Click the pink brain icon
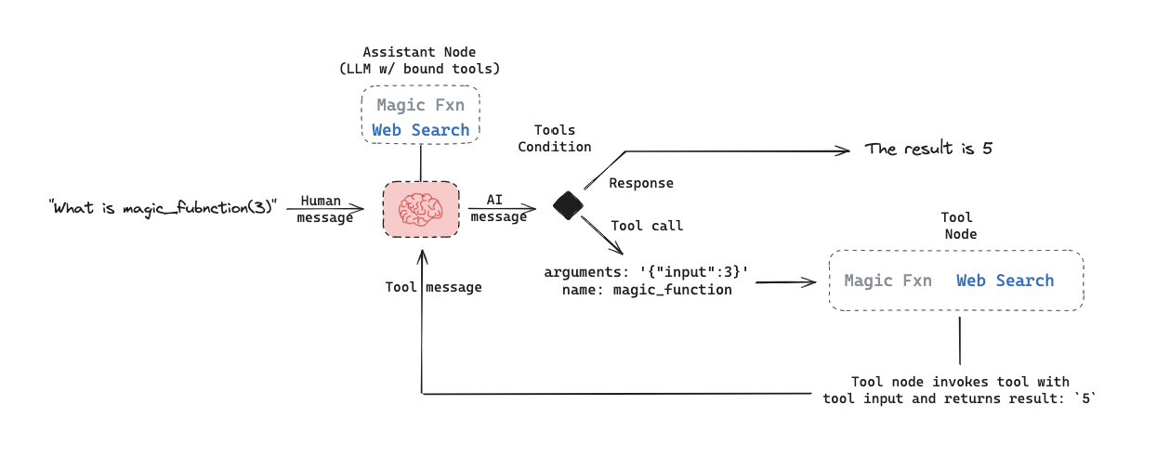[421, 209]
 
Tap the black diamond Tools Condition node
[568, 204]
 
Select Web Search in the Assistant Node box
[421, 130]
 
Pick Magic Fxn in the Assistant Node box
[420, 106]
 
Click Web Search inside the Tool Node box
[1006, 281]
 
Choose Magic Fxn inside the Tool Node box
[887, 281]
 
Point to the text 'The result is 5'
[928, 149]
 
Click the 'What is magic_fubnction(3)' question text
[164, 206]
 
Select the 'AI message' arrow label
[498, 209]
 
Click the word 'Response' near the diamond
[641, 183]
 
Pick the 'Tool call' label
[647, 226]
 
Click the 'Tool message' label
[433, 287]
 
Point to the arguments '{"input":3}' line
[647, 272]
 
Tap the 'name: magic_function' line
[647, 290]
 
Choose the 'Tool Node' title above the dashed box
[959, 226]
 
